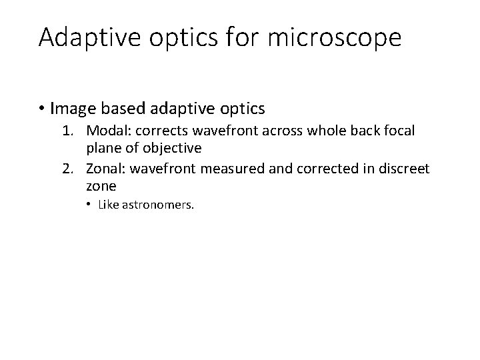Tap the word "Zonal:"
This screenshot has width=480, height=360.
pos(107,168)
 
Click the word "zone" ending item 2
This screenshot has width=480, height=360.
pos(101,185)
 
